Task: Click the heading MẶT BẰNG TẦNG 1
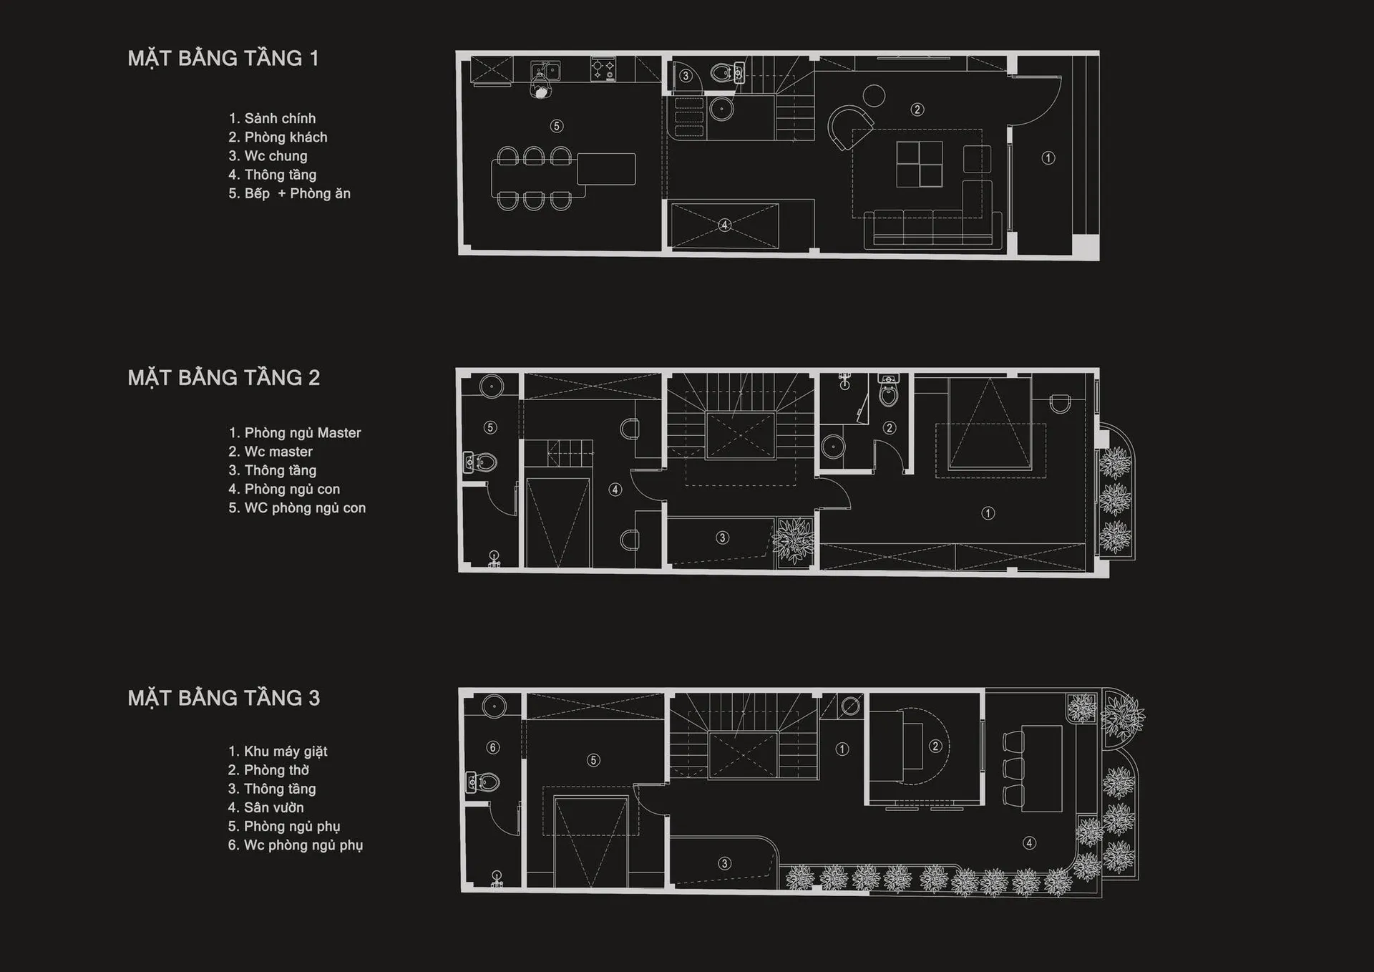(223, 59)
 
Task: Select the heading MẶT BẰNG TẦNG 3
(223, 698)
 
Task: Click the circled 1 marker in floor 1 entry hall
(1048, 158)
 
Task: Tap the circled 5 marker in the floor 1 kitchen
(556, 126)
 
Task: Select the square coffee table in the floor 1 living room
(919, 164)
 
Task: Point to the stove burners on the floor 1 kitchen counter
(603, 69)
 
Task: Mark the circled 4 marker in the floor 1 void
(724, 225)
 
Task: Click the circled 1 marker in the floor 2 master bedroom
(988, 513)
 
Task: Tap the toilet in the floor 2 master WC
(888, 389)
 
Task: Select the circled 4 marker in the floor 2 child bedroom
(615, 490)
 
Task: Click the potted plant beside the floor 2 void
(794, 541)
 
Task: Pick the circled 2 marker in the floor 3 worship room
(935, 746)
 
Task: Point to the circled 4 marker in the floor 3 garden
(1029, 842)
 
